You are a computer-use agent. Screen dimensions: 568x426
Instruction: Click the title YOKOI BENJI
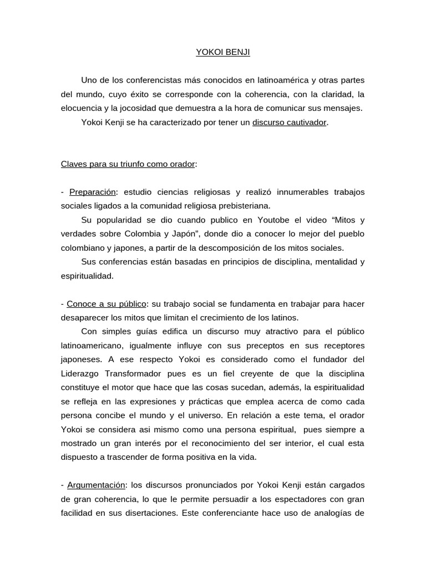(x=223, y=53)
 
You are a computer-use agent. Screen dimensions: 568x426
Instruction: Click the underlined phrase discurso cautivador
(x=290, y=122)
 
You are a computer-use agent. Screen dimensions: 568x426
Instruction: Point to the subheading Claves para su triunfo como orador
(x=128, y=164)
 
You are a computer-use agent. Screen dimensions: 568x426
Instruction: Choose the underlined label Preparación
(x=93, y=192)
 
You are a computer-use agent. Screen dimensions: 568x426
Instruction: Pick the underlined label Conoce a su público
(x=106, y=304)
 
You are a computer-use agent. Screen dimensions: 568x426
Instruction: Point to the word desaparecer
(x=85, y=318)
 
